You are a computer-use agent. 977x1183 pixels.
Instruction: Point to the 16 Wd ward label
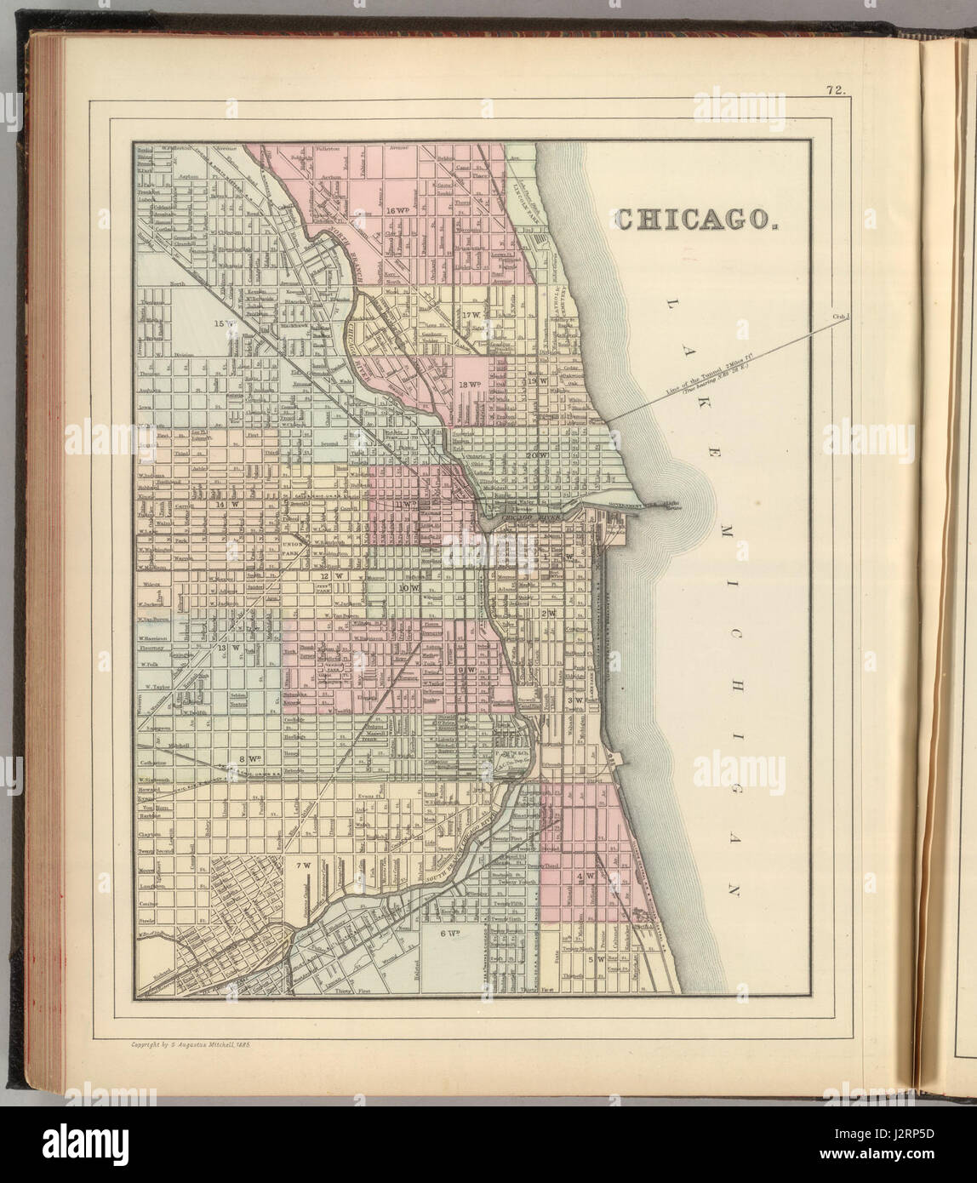[397, 209]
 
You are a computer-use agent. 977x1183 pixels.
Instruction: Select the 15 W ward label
[224, 323]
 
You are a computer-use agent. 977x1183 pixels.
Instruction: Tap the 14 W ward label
[226, 504]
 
